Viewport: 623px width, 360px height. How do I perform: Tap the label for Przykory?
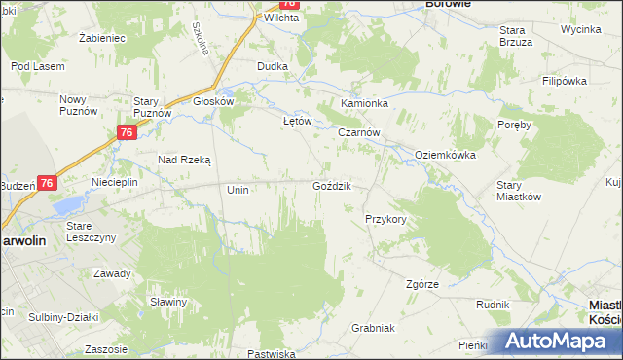(x=385, y=220)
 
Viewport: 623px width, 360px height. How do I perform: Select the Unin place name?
(x=238, y=190)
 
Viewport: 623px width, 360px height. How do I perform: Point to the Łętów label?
(x=296, y=122)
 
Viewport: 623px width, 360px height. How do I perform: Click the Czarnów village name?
(x=358, y=133)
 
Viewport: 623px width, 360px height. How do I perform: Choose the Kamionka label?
(x=364, y=103)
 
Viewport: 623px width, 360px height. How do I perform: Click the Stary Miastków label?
(x=518, y=190)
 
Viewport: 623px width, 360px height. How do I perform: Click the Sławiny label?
(x=168, y=302)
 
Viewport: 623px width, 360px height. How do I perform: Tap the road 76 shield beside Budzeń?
(x=48, y=182)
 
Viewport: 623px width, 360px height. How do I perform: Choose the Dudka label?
(x=272, y=66)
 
